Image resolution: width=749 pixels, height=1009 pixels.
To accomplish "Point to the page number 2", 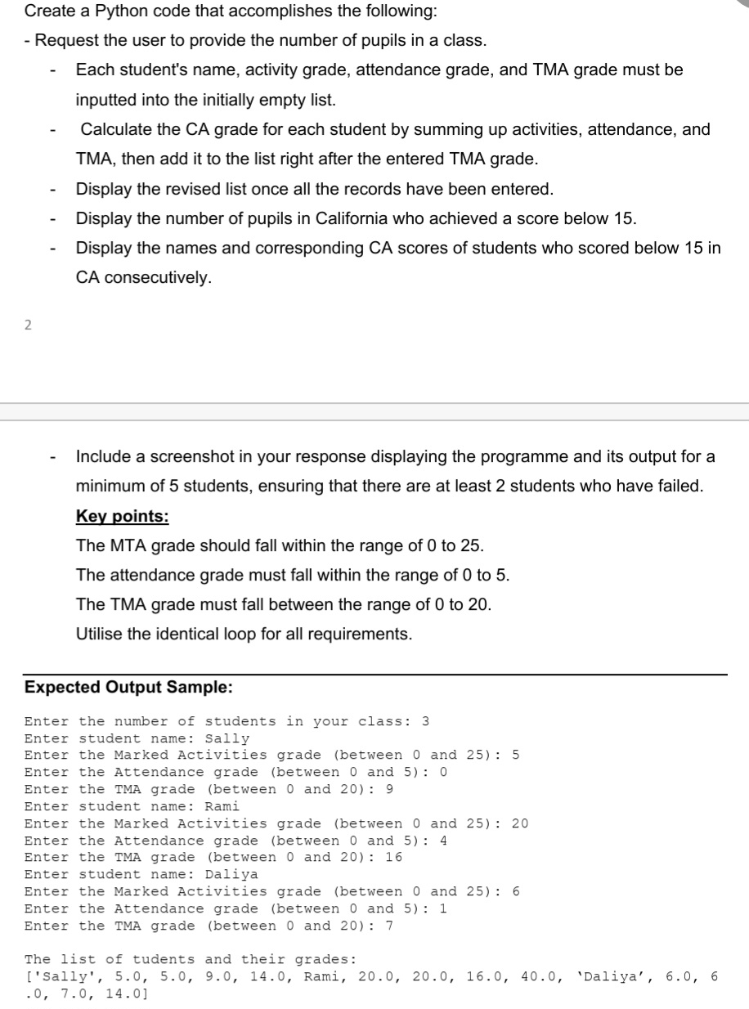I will coord(28,325).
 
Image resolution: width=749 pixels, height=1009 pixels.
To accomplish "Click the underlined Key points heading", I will coord(122,516).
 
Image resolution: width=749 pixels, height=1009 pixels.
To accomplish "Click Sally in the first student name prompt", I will coord(226,738).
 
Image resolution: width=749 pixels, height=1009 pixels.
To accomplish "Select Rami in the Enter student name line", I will coord(222,806).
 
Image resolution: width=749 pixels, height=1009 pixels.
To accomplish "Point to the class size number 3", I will coord(424,721).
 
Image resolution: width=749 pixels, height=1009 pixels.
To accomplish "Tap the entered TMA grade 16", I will coord(393,857).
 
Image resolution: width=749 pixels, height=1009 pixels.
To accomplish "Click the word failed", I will coord(679,486).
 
